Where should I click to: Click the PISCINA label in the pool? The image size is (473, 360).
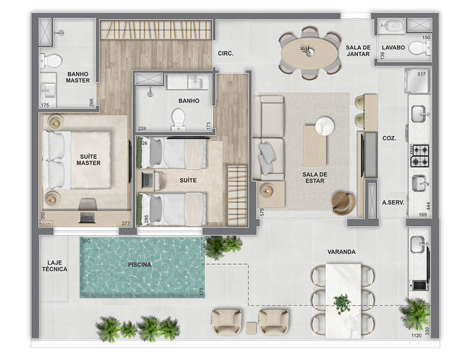pyautogui.click(x=139, y=265)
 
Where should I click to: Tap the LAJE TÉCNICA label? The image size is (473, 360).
pyautogui.click(x=55, y=266)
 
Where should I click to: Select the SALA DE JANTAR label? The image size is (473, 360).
pyautogui.click(x=358, y=50)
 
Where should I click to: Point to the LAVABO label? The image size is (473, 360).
pyautogui.click(x=393, y=48)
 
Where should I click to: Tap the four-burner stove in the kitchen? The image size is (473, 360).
pyautogui.click(x=419, y=156)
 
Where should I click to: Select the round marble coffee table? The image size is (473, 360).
pyautogui.click(x=324, y=125)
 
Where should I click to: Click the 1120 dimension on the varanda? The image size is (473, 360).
pyautogui.click(x=416, y=335)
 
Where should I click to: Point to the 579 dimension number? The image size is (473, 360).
pyautogui.click(x=262, y=212)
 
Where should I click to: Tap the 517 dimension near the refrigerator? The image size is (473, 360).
pyautogui.click(x=422, y=74)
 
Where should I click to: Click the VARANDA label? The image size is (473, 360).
pyautogui.click(x=342, y=252)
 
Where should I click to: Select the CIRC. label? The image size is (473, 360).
pyautogui.click(x=226, y=54)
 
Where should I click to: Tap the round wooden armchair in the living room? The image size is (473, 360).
pyautogui.click(x=343, y=203)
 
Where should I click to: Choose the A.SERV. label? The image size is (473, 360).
pyautogui.click(x=393, y=202)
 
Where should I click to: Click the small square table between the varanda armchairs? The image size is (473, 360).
pyautogui.click(x=251, y=328)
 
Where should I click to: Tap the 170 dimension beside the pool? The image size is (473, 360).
pyautogui.click(x=202, y=292)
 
